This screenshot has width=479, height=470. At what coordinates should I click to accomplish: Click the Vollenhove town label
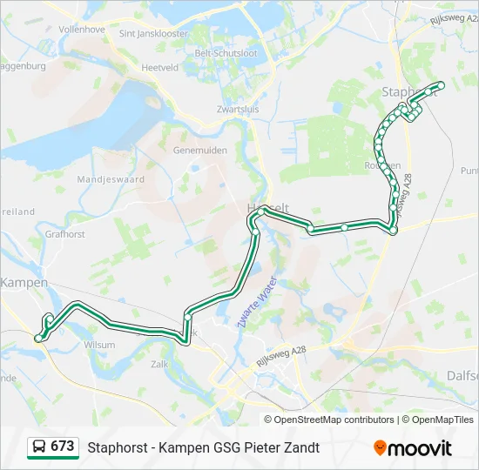pos(81,30)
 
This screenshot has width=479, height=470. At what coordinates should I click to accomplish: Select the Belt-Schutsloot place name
pos(226,53)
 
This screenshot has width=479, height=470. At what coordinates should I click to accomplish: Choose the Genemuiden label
pos(200,150)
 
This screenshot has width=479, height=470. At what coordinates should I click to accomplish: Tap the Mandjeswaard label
pos(111,180)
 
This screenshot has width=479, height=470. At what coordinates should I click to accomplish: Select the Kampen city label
pos(24,283)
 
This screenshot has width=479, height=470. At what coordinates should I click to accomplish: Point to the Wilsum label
pos(98,345)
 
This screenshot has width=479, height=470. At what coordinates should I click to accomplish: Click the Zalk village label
pos(159,364)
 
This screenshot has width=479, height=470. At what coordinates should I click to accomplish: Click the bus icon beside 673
pos(39,446)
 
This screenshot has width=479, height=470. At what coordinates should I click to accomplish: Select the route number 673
pos(63,446)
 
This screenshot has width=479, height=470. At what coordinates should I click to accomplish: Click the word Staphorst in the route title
pos(115,447)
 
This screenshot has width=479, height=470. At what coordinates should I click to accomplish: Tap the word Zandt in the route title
pos(301,447)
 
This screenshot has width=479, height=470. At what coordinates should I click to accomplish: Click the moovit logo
pos(413,448)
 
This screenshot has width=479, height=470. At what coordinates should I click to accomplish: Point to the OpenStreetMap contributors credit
pos(334,420)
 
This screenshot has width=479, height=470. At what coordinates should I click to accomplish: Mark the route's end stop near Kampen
pos(38,337)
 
